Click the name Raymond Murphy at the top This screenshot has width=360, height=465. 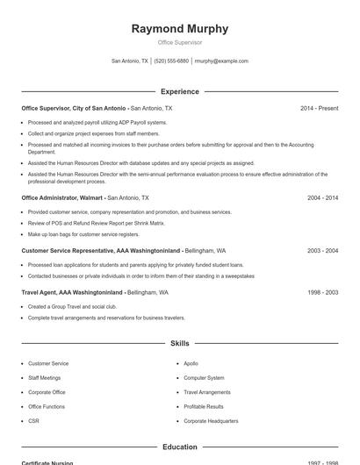tap(180, 28)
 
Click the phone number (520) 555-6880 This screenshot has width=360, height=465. tap(171, 61)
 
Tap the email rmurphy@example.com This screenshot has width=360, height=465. tap(221, 61)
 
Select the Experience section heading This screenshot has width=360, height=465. tap(180, 91)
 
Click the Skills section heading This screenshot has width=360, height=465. tap(180, 343)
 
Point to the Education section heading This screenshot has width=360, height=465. tap(180, 447)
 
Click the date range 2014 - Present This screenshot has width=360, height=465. tap(319, 108)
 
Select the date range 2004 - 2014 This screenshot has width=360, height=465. tap(322, 198)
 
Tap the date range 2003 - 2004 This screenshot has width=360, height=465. tap(322, 250)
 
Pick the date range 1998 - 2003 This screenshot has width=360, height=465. tap(322, 292)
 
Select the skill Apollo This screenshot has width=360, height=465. tap(191, 363)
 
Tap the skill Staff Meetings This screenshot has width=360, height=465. tap(45, 377)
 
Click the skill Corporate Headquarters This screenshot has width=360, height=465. tap(211, 421)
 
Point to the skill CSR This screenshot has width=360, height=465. tap(33, 421)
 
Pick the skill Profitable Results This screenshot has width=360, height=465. tap(204, 406)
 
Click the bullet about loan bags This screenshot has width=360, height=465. tap(83, 234)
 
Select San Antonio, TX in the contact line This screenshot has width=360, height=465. tap(130, 61)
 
